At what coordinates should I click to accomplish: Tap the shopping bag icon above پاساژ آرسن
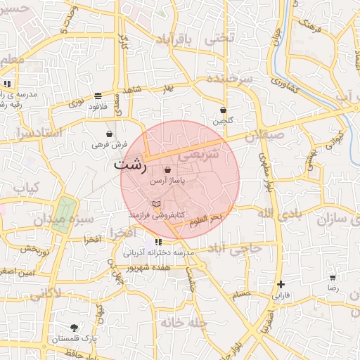click(x=167, y=170)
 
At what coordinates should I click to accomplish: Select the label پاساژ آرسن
click(x=167, y=181)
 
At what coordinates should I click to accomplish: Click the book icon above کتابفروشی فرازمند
click(x=156, y=204)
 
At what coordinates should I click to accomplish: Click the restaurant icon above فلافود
click(x=97, y=96)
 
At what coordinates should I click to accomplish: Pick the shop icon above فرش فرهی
click(x=109, y=134)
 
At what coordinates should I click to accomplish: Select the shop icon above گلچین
click(x=223, y=110)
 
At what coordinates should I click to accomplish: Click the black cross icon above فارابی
click(x=281, y=284)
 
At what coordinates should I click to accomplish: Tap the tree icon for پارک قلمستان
click(x=75, y=328)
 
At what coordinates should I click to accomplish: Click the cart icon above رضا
click(x=333, y=278)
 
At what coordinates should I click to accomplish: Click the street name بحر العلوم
click(x=206, y=220)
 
